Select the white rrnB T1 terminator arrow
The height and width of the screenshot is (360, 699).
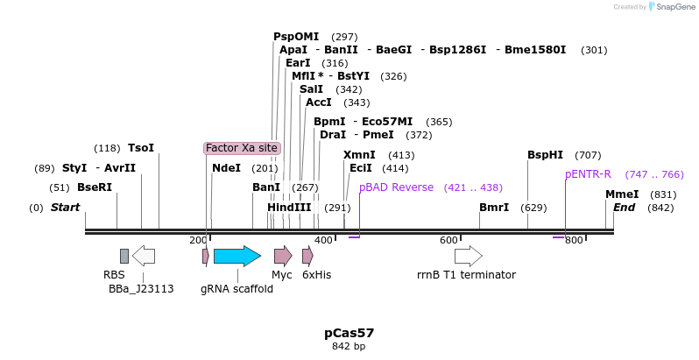point(468,256)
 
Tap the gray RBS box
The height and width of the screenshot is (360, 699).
point(124,256)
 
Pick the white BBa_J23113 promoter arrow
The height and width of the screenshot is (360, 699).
point(144,256)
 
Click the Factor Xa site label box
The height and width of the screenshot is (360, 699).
point(243,148)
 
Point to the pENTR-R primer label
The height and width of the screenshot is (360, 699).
point(588,174)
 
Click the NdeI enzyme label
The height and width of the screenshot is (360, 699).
point(226,168)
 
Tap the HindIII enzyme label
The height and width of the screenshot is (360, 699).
point(289,208)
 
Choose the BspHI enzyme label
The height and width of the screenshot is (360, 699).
point(545,155)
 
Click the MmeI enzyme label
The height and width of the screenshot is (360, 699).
point(622,194)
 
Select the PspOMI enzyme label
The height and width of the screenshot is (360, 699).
point(296,37)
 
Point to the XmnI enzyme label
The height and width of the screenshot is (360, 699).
point(359,155)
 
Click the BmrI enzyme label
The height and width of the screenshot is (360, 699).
point(494,208)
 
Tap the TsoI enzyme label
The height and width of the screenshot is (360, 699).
point(141,148)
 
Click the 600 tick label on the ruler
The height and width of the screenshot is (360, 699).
point(448,240)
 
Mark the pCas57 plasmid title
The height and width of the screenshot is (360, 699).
point(349,333)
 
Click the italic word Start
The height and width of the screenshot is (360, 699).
point(66,208)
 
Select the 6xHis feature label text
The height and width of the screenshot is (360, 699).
point(316,275)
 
